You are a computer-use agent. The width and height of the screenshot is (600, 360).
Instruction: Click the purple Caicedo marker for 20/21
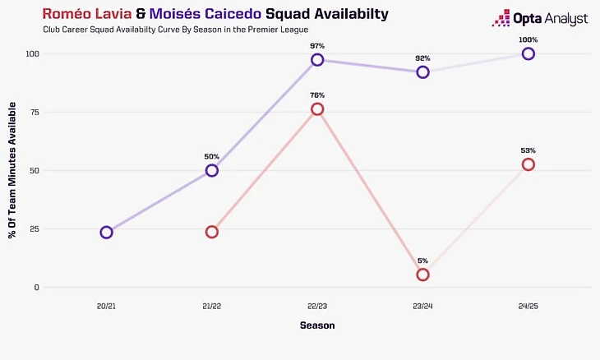(106, 232)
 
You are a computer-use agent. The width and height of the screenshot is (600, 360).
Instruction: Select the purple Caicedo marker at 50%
(212, 170)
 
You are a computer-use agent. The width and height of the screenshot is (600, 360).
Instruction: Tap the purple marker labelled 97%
(317, 60)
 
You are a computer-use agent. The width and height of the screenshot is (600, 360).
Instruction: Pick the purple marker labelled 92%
(422, 72)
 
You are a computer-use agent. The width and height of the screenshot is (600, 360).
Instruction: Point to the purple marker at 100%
(528, 53)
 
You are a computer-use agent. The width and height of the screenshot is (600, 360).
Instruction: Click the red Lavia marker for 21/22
(212, 232)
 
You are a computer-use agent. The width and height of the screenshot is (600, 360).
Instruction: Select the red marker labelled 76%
(317, 109)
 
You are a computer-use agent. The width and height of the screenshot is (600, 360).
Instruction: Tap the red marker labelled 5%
(422, 275)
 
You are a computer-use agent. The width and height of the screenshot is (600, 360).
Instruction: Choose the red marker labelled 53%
(528, 164)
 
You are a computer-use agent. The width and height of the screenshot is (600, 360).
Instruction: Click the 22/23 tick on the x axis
(317, 306)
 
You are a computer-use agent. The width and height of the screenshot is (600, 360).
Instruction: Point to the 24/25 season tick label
(528, 306)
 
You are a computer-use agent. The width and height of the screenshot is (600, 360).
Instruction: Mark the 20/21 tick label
(106, 306)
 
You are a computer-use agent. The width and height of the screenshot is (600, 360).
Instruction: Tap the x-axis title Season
(316, 326)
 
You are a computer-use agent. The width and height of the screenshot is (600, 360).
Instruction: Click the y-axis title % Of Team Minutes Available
(12, 170)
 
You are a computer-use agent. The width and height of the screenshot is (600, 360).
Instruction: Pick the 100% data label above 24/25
(528, 39)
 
